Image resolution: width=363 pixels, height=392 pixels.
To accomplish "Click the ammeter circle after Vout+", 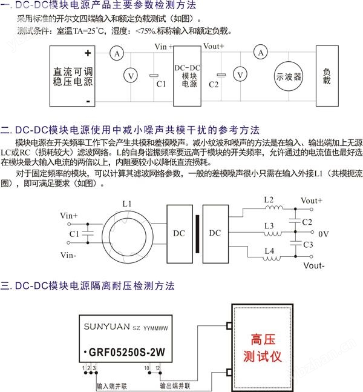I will pos(260,53).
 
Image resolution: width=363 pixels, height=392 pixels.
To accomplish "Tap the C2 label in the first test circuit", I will pos(214,84).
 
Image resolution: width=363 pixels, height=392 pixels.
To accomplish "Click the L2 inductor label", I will pos(269,199).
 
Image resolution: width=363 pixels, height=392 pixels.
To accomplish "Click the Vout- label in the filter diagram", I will pos(315,266).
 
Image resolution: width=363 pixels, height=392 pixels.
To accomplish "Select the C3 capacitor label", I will pos(307,244).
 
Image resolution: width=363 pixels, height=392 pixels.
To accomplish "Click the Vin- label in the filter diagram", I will pos(68,256).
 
